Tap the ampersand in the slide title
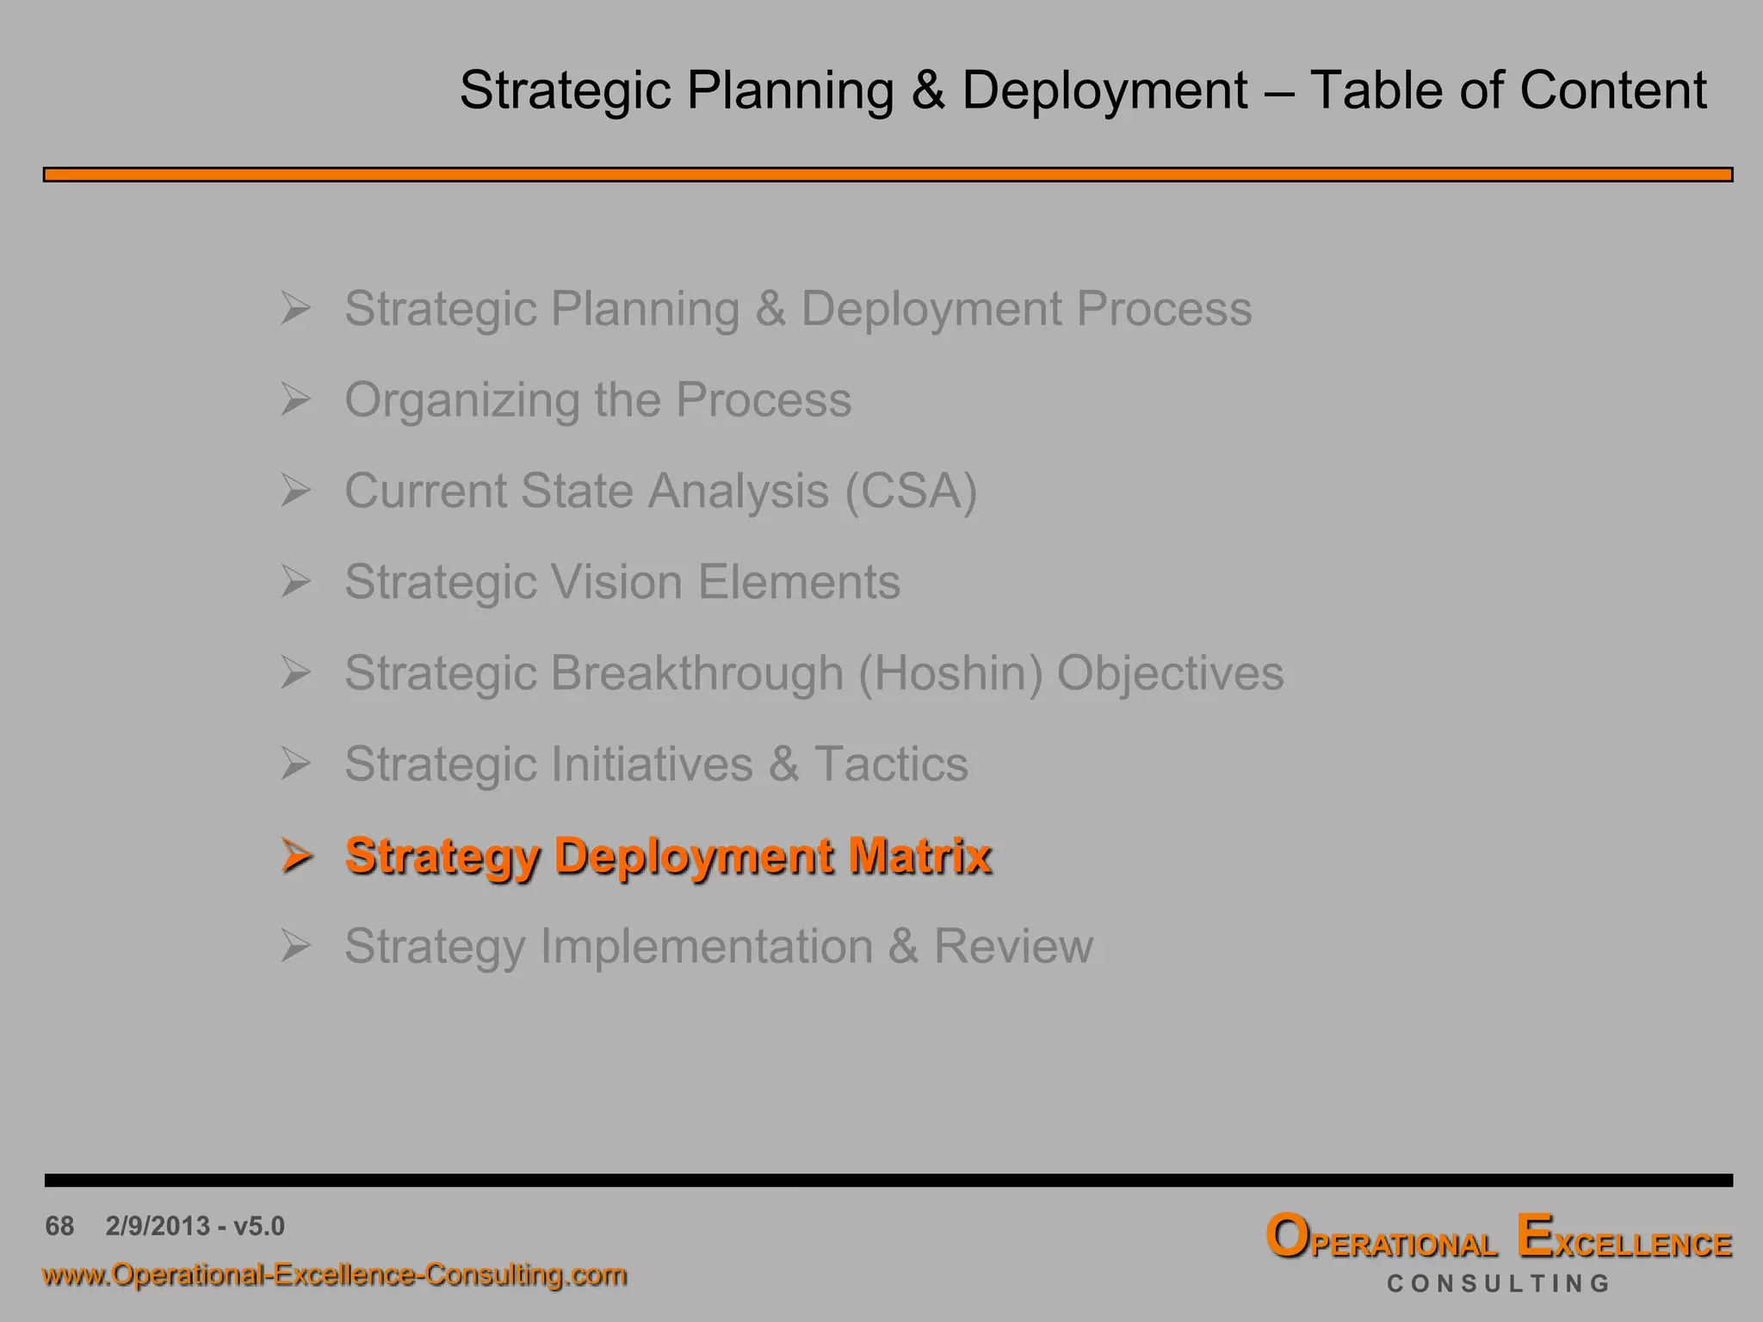[x=928, y=90]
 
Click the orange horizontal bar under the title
[x=887, y=175]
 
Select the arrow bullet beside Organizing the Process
[x=295, y=399]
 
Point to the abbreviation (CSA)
[x=911, y=491]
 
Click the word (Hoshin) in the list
[x=950, y=673]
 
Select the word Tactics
[x=891, y=764]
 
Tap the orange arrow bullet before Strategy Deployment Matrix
[x=295, y=856]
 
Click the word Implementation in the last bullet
[x=706, y=947]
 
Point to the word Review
[x=1013, y=947]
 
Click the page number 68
[x=59, y=1226]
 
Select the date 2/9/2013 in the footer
[x=158, y=1226]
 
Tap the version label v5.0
[x=258, y=1226]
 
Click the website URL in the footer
[x=334, y=1275]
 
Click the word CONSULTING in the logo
[x=1498, y=1284]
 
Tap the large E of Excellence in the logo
[x=1535, y=1237]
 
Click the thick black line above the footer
[x=887, y=1180]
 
